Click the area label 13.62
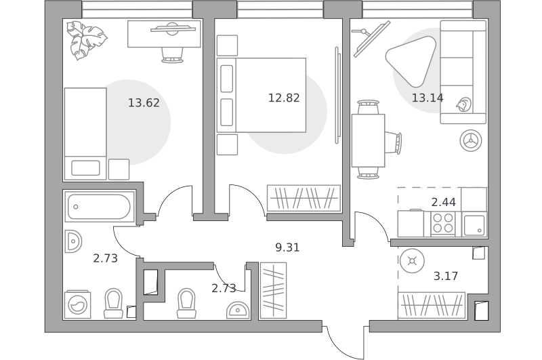coord(144,102)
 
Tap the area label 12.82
coord(284,98)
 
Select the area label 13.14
coord(428,98)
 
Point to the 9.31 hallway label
coord(287,247)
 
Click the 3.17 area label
coord(446,276)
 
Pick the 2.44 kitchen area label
coord(444,202)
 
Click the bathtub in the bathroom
coord(99,207)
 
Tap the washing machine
coord(77,304)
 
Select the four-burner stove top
coord(443,224)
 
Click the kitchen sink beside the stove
coord(474,225)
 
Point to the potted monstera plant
coord(86,40)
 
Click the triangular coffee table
coord(411,61)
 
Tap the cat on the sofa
coord(463,104)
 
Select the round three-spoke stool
coord(471,141)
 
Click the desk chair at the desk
coord(172,55)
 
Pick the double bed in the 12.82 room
coord(262,95)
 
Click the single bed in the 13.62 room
coord(85,134)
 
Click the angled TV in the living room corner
coord(371,39)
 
